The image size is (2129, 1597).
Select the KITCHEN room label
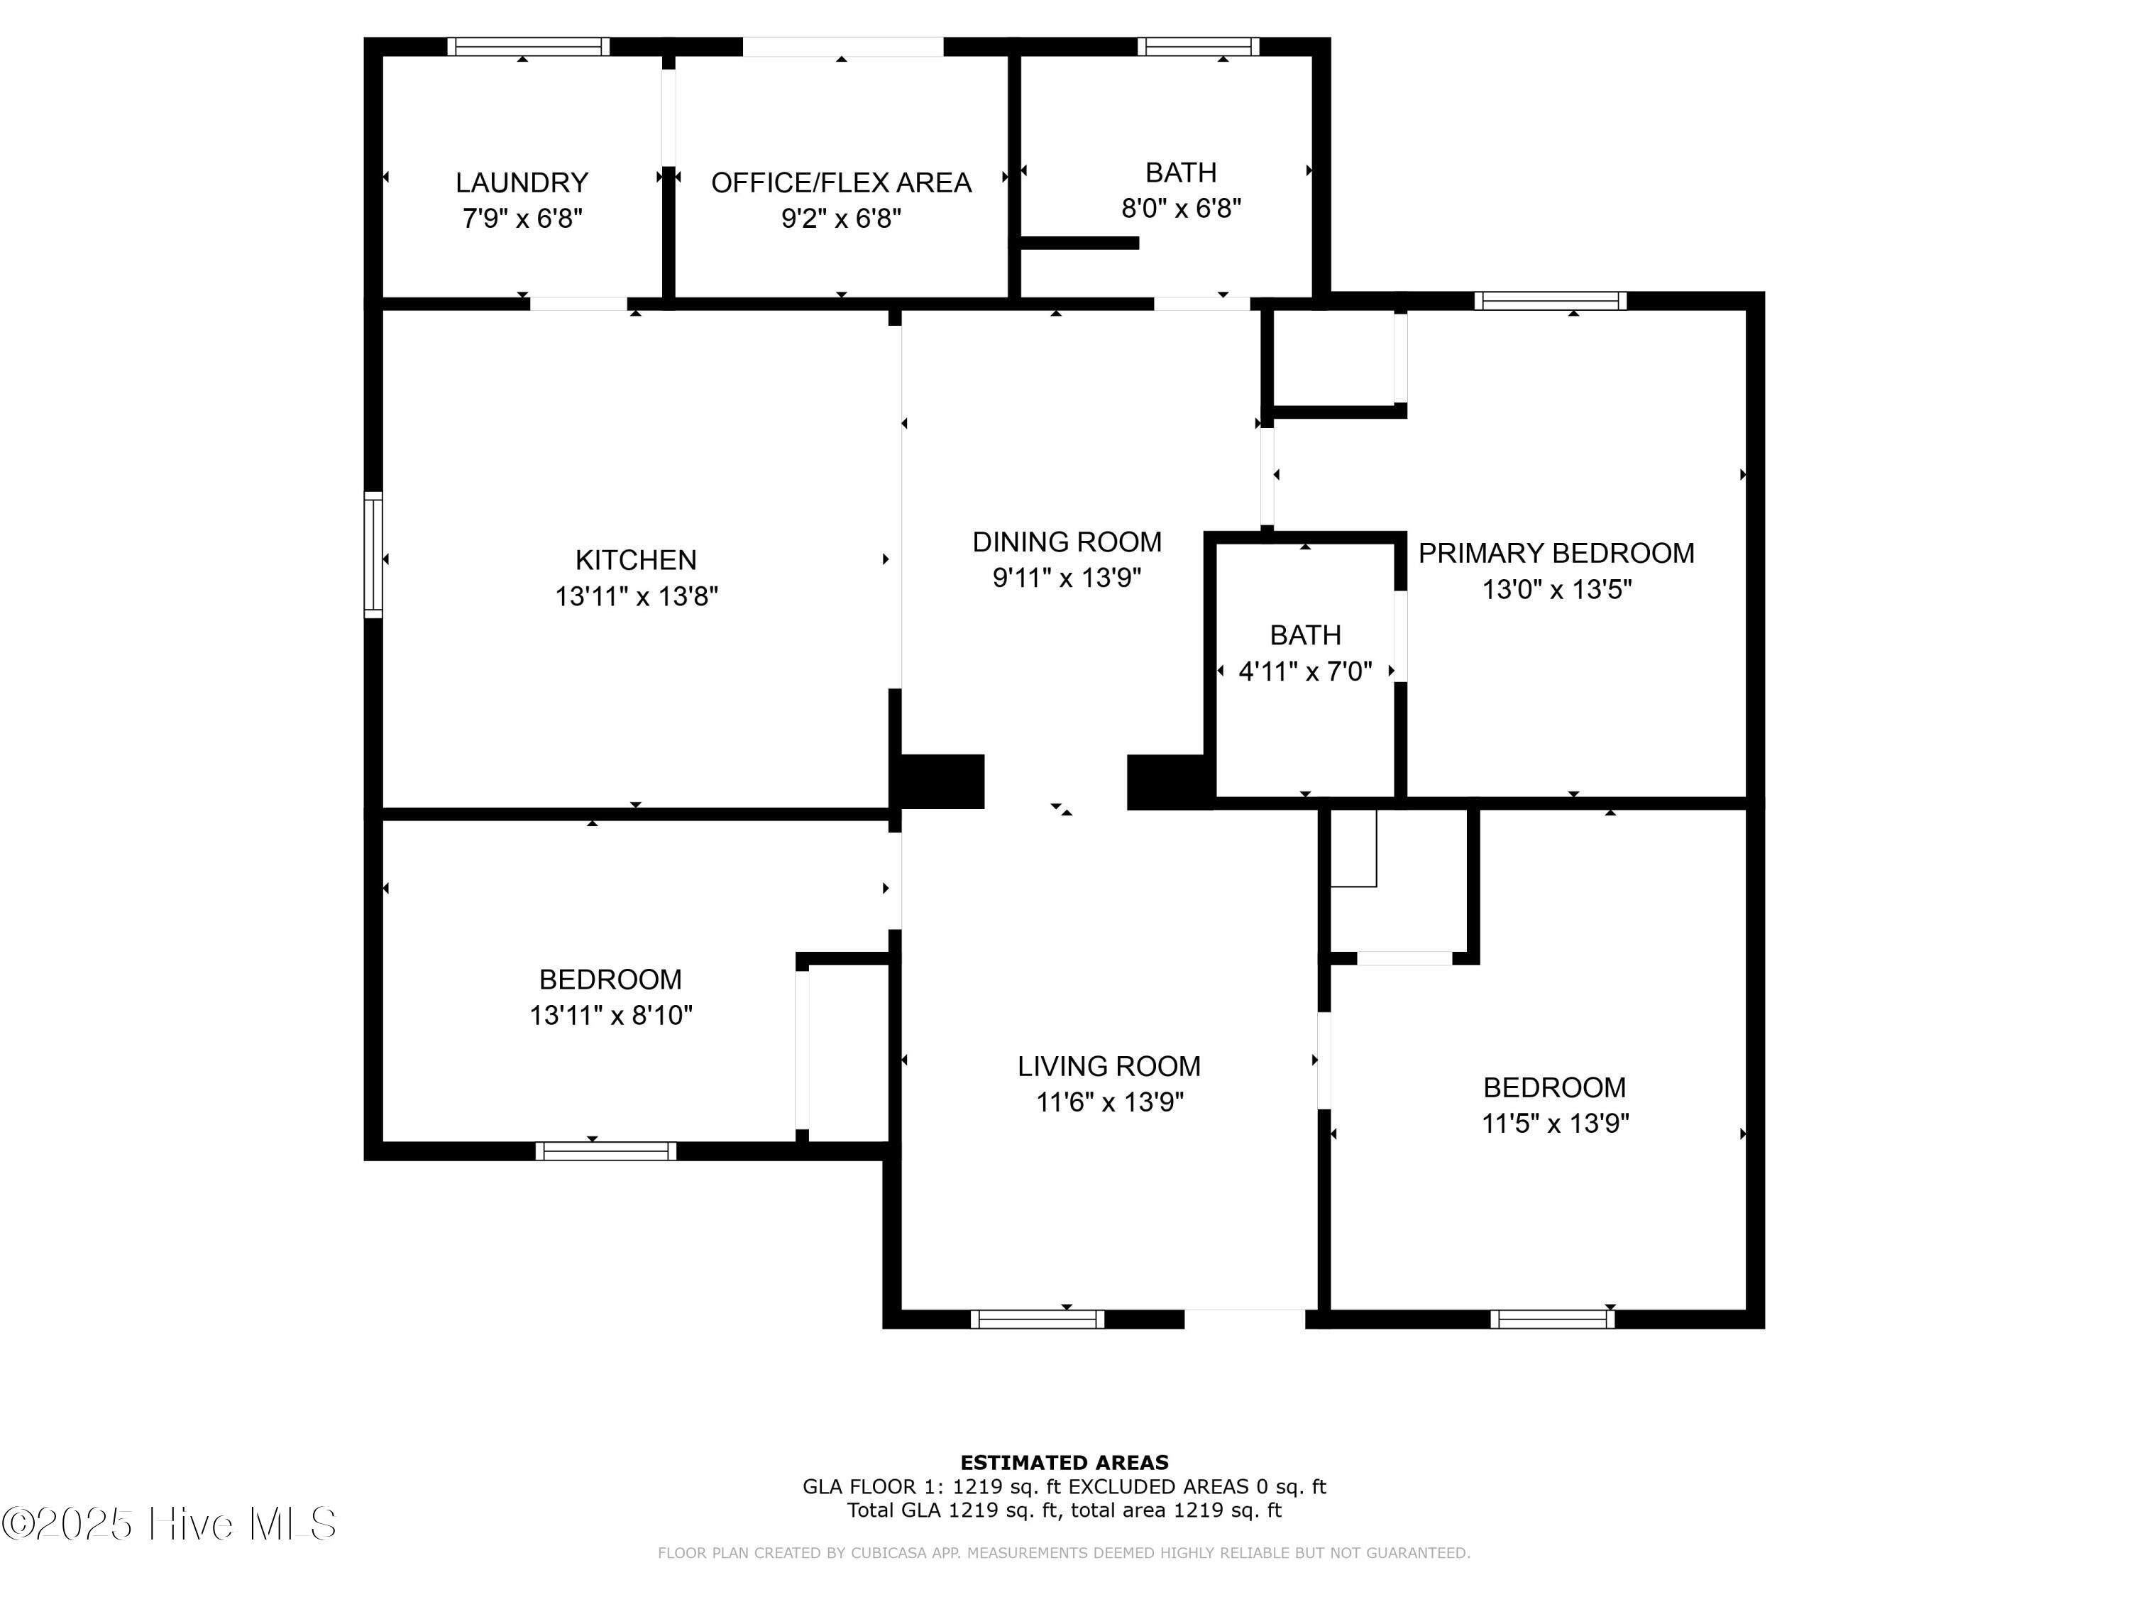(636, 560)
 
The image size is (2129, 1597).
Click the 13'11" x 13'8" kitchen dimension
(636, 597)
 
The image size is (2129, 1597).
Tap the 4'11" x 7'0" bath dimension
(1305, 671)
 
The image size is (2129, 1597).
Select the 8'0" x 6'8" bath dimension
(1181, 208)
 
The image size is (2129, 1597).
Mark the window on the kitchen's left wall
(373, 554)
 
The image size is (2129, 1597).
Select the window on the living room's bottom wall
(1038, 1319)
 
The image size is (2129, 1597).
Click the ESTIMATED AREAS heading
(1064, 1463)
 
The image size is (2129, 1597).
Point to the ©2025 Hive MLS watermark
(168, 1524)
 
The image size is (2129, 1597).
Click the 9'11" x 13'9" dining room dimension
(1067, 578)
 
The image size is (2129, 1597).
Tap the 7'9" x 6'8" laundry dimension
(522, 219)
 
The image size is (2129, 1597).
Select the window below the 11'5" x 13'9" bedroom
(1553, 1319)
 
